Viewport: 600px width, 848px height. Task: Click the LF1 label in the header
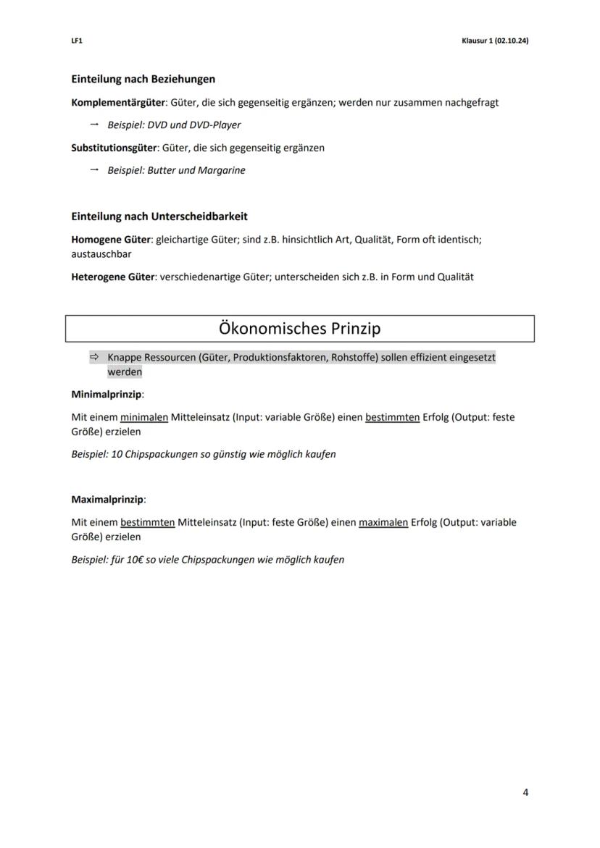pyautogui.click(x=77, y=41)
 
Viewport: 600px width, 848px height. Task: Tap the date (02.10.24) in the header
pyautogui.click(x=511, y=41)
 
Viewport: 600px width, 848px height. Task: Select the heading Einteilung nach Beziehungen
pyautogui.click(x=143, y=78)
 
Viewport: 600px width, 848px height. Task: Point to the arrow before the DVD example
pyautogui.click(x=93, y=125)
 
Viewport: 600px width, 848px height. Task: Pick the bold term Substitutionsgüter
pyautogui.click(x=114, y=148)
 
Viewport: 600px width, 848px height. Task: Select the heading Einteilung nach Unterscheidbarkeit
pyautogui.click(x=159, y=216)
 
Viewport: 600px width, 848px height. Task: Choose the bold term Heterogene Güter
pyautogui.click(x=112, y=277)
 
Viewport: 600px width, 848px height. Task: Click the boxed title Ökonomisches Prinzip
pyautogui.click(x=299, y=329)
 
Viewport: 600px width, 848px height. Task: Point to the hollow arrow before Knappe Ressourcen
pyautogui.click(x=94, y=357)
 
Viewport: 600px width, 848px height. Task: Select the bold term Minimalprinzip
pyautogui.click(x=107, y=395)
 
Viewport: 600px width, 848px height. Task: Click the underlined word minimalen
pyautogui.click(x=144, y=417)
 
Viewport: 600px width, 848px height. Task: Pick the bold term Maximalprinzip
pyautogui.click(x=108, y=500)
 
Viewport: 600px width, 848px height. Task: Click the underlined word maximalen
pyautogui.click(x=383, y=522)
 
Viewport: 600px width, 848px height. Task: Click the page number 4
pyautogui.click(x=525, y=792)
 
